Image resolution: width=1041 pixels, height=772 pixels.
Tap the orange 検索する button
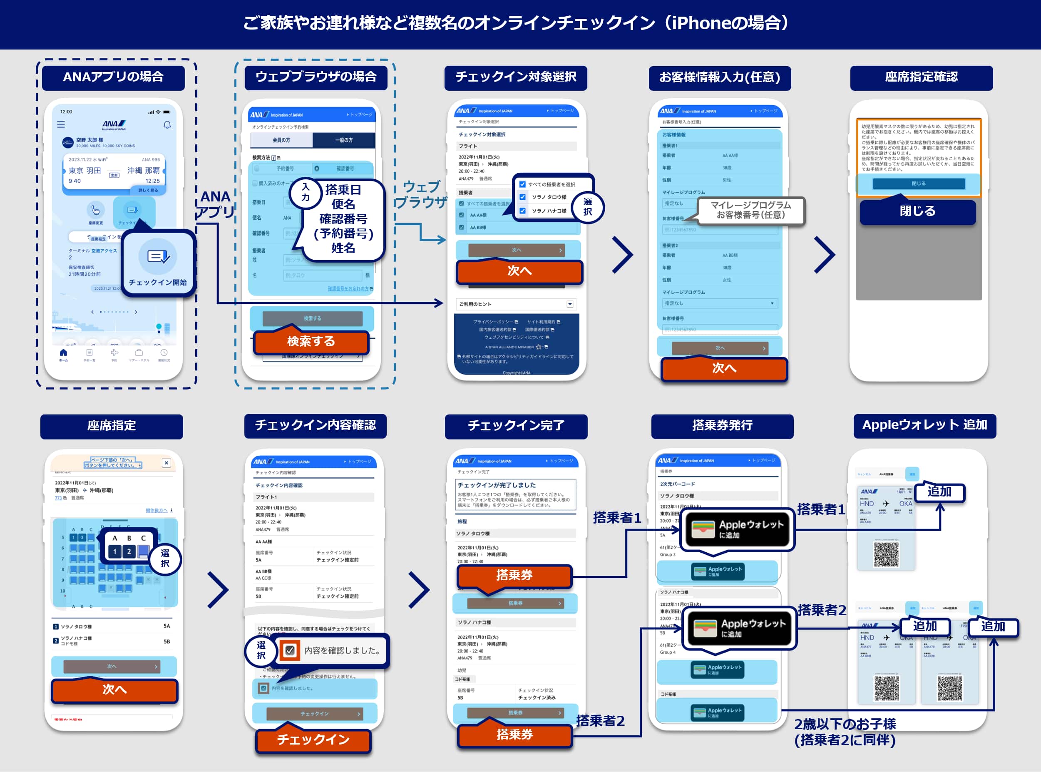click(311, 342)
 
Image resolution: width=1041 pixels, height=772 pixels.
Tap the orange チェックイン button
click(313, 739)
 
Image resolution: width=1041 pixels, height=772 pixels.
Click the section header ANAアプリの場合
click(113, 77)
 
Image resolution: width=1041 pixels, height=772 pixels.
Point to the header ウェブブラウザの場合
click(316, 77)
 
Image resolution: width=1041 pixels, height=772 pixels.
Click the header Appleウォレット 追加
click(924, 425)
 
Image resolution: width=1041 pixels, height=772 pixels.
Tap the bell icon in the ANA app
click(167, 125)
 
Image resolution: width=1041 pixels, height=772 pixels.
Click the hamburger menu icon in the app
click(61, 125)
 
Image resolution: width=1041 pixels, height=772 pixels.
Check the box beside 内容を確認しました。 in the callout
click(290, 650)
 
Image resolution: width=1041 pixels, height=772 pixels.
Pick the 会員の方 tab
click(281, 140)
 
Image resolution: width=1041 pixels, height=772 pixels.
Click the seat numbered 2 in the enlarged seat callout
click(129, 552)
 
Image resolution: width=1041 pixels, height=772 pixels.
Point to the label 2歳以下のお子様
click(845, 724)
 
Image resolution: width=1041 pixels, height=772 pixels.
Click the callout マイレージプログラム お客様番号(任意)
click(751, 210)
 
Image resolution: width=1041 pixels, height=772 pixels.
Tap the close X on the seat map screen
click(166, 463)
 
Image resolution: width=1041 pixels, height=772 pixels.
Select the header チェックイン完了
click(516, 426)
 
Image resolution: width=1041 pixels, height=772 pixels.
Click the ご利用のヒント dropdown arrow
click(570, 304)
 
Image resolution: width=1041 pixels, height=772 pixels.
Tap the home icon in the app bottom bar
click(63, 353)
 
